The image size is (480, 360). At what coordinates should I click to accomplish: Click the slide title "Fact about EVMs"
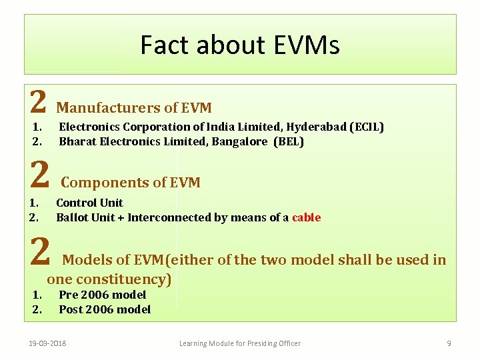pyautogui.click(x=240, y=45)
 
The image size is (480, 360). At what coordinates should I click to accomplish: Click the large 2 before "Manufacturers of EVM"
pyautogui.click(x=39, y=103)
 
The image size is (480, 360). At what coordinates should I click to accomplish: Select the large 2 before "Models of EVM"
pyautogui.click(x=41, y=253)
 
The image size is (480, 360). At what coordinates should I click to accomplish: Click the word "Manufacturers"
pyautogui.click(x=108, y=108)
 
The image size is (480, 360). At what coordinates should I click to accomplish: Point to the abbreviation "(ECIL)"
pyautogui.click(x=367, y=127)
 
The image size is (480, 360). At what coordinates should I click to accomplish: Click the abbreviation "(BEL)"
pyautogui.click(x=289, y=141)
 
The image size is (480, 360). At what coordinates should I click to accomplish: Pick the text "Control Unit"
pyautogui.click(x=89, y=203)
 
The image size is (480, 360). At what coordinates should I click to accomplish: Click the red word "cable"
pyautogui.click(x=306, y=217)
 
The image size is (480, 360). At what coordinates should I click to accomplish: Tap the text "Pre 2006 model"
pyautogui.click(x=102, y=295)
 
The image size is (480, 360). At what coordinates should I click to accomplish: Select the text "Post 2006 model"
pyautogui.click(x=105, y=309)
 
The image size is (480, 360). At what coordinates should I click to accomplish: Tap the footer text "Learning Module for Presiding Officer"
pyautogui.click(x=240, y=343)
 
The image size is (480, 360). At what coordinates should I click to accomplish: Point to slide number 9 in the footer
pyautogui.click(x=449, y=343)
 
